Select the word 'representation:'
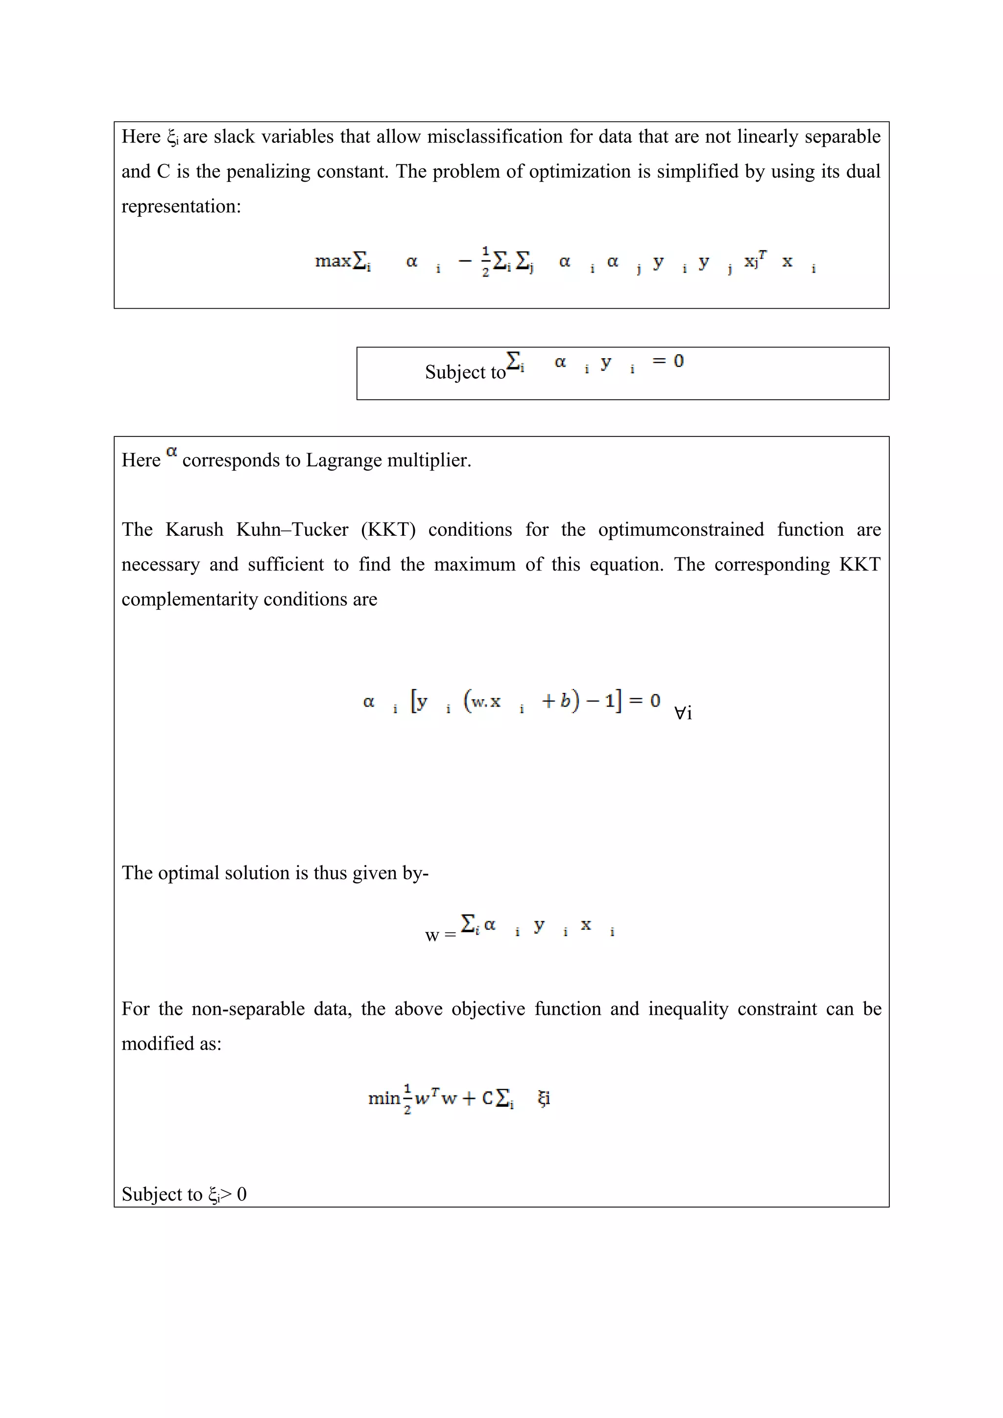point(181,206)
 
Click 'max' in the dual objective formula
point(333,261)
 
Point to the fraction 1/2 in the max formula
point(485,262)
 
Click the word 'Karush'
point(194,529)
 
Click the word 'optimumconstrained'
point(680,529)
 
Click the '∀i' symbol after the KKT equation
point(683,713)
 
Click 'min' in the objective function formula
point(384,1098)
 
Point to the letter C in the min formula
point(487,1098)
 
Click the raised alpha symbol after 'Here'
point(172,452)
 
